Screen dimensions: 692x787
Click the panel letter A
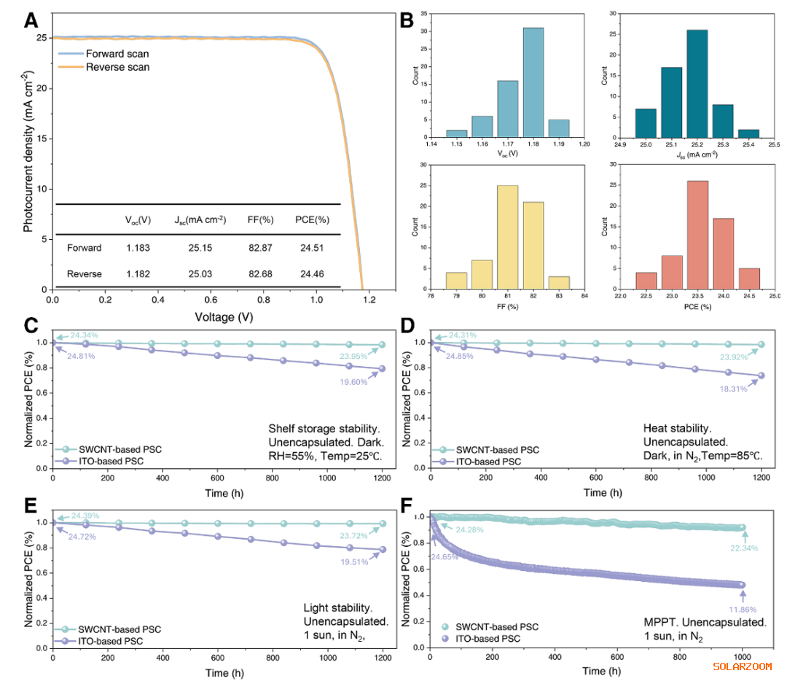tap(31, 20)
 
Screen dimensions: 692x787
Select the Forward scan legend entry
tap(117, 54)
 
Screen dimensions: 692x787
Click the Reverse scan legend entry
tap(117, 67)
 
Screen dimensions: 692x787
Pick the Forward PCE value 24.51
tap(312, 248)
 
